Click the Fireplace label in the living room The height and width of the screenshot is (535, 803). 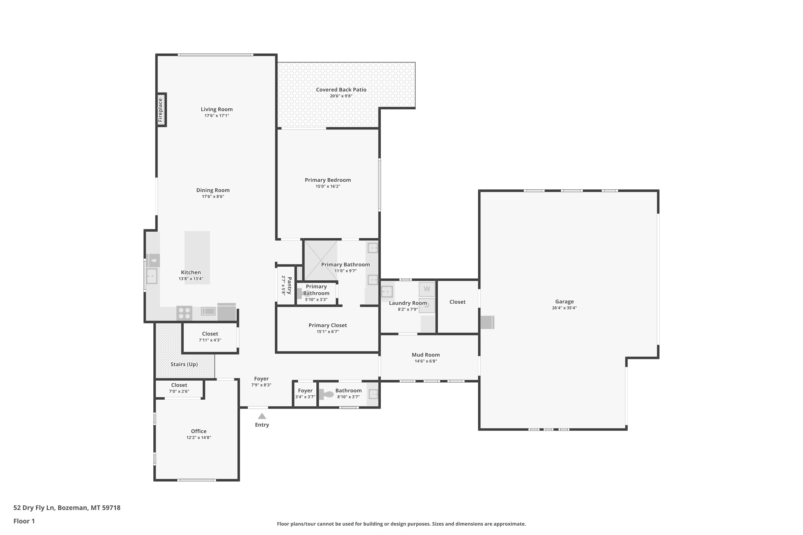[160, 110]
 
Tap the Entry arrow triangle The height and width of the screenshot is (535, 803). [262, 416]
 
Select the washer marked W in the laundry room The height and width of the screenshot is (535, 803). [427, 289]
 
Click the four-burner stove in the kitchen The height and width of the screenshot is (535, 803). [184, 313]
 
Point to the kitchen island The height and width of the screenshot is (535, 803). [197, 258]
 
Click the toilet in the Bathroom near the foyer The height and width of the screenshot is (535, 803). [326, 394]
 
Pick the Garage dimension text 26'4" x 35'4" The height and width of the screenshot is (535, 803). [564, 308]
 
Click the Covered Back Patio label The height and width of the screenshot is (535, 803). [341, 90]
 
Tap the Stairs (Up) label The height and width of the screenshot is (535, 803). [184, 364]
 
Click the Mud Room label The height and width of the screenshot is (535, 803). [426, 355]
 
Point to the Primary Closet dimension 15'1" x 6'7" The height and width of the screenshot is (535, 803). [328, 332]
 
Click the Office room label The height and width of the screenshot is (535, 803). [199, 431]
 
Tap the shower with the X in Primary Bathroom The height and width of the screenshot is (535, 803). [321, 260]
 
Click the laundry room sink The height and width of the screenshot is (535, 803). [387, 292]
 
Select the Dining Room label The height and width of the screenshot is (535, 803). [213, 190]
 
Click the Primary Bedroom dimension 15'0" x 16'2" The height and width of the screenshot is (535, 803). [328, 186]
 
